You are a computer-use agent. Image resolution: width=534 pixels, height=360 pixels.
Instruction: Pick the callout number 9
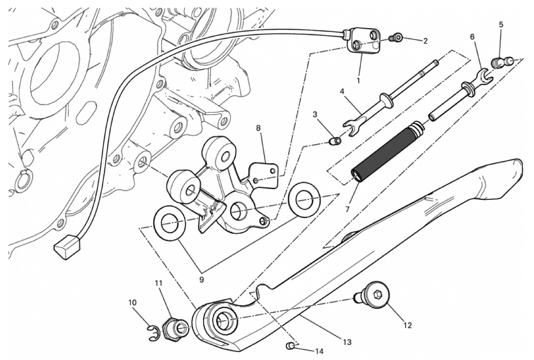click(201, 280)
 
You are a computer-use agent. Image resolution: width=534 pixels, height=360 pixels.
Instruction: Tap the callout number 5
click(501, 25)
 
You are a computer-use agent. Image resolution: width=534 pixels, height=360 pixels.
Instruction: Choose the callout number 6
click(472, 37)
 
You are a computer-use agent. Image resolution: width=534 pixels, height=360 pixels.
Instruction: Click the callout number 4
click(342, 92)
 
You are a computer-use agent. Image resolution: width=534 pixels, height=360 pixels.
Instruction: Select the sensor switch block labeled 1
click(364, 42)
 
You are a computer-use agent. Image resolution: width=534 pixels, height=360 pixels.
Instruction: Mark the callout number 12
click(407, 325)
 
